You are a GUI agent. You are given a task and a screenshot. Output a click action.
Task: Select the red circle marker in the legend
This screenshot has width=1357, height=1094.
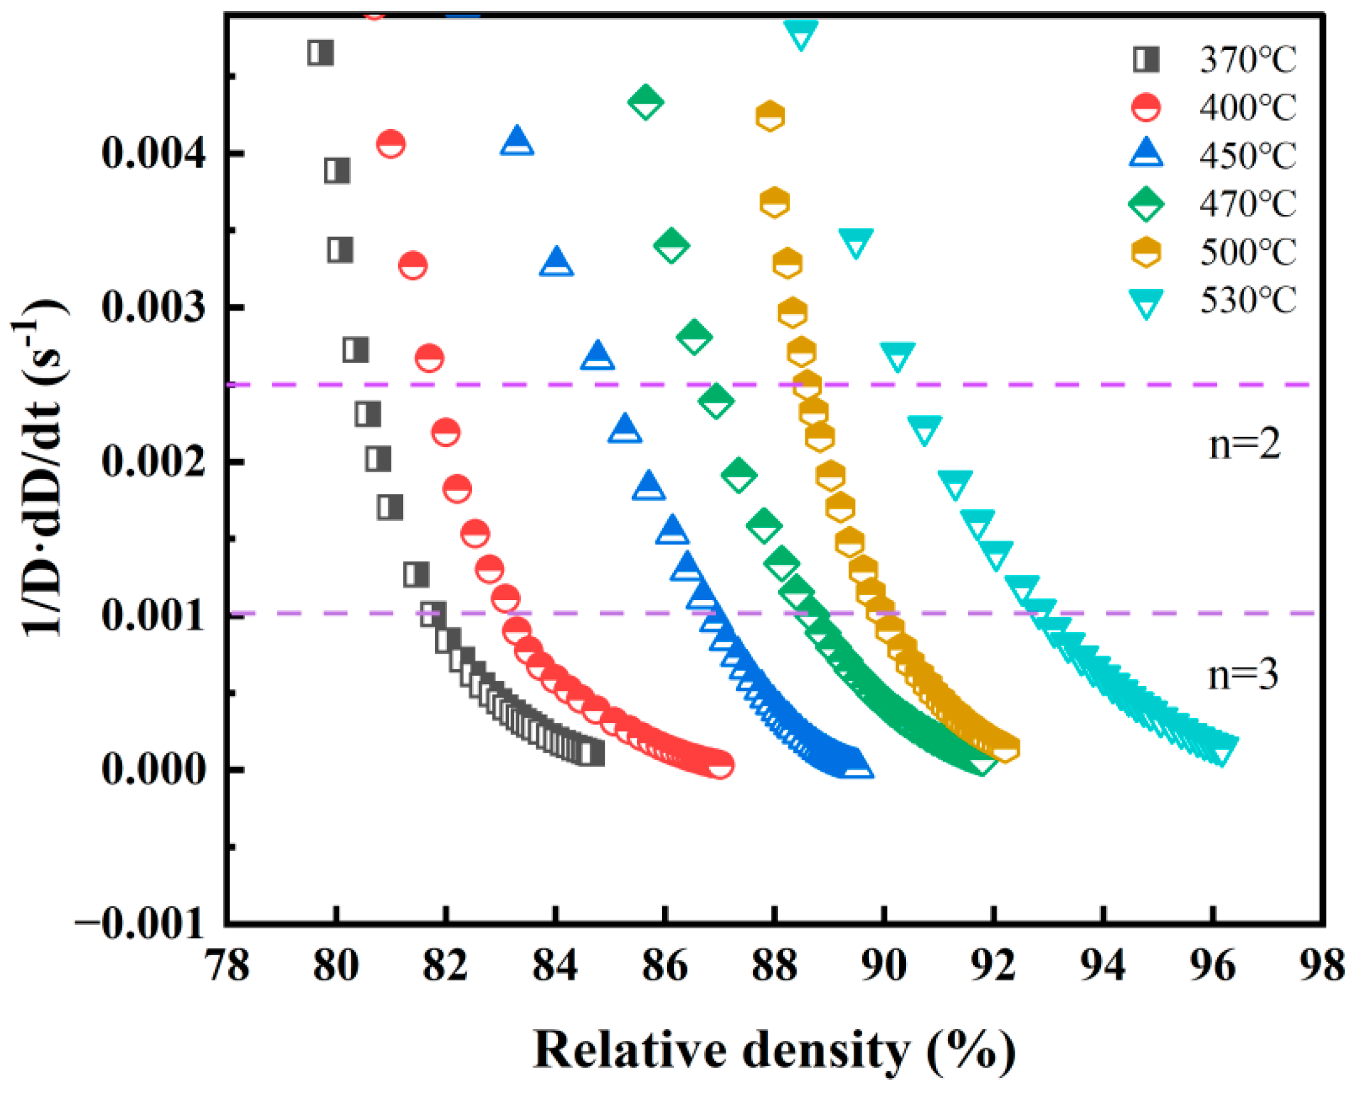pos(1146,107)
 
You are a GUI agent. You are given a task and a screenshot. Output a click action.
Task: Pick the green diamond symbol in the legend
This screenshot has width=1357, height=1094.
pos(1146,204)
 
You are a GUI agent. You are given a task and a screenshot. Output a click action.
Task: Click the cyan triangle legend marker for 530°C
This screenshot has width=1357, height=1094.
pos(1146,303)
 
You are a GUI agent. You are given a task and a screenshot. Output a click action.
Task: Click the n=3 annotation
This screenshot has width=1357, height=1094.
pos(1243,675)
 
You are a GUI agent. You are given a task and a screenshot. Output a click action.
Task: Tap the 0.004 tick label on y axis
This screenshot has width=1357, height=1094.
pos(153,153)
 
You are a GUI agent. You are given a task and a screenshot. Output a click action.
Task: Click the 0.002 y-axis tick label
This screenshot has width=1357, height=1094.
pos(153,461)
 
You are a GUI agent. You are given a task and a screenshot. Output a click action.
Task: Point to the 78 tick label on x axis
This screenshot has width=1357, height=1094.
pos(228,966)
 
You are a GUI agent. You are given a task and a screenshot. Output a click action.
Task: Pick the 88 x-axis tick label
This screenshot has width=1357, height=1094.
pos(774,966)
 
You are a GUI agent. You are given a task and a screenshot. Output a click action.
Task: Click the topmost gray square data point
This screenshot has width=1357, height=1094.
pos(321,53)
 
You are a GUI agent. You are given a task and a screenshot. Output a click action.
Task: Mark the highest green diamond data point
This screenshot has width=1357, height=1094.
pos(645,101)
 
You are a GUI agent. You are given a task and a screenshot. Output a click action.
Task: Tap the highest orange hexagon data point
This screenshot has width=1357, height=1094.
pos(770,116)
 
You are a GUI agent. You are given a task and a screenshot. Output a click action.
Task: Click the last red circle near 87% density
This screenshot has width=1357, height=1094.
pos(720,764)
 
